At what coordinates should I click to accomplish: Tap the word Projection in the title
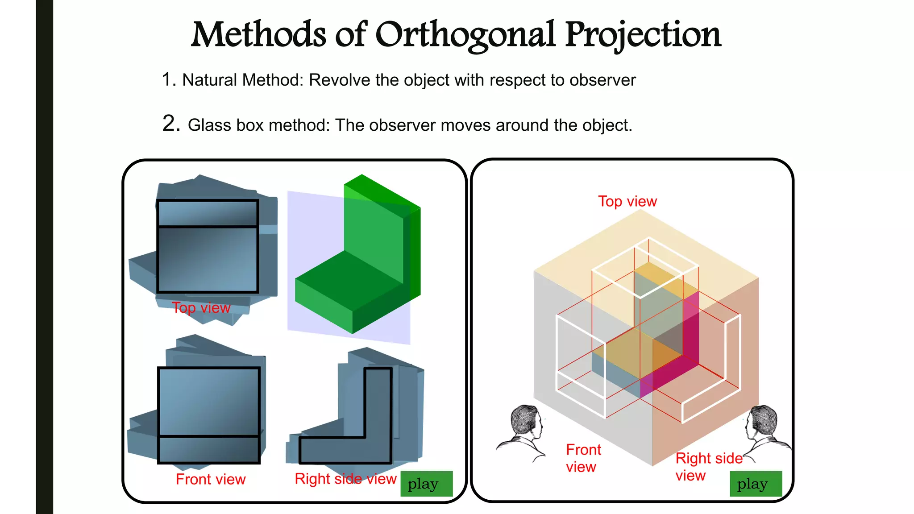pyautogui.click(x=643, y=36)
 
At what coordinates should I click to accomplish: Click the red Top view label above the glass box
pyautogui.click(x=627, y=202)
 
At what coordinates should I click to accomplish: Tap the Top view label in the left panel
pyautogui.click(x=201, y=308)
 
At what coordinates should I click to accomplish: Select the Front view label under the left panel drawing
pyautogui.click(x=210, y=479)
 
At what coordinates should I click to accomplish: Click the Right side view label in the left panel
pyautogui.click(x=345, y=479)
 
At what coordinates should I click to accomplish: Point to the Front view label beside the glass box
pyautogui.click(x=583, y=458)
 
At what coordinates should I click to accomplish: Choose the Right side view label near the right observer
pyautogui.click(x=708, y=466)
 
